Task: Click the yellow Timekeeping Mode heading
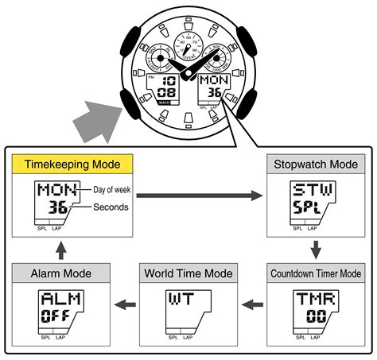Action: click(x=72, y=165)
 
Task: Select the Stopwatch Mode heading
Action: click(x=316, y=165)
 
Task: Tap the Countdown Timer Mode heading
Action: click(x=316, y=273)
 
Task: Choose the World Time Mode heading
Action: click(x=188, y=273)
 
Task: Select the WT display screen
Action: click(x=188, y=310)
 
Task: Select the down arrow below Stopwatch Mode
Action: click(x=315, y=247)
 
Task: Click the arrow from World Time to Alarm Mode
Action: click(x=125, y=304)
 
